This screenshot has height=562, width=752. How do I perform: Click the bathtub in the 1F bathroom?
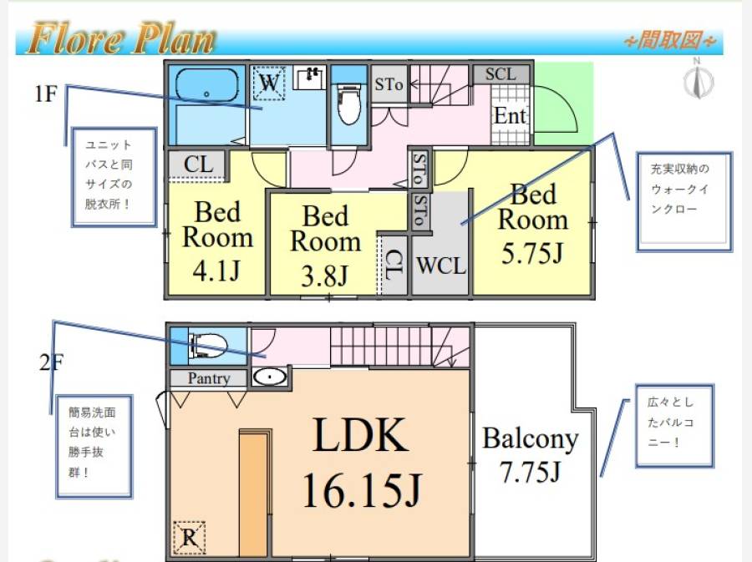pyautogui.click(x=206, y=85)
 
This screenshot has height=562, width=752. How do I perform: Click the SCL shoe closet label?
pyautogui.click(x=500, y=74)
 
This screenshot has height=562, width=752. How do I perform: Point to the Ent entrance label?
pyautogui.click(x=511, y=115)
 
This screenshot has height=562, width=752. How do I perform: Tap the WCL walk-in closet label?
pyautogui.click(x=440, y=266)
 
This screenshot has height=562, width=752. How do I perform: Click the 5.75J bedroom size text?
pyautogui.click(x=532, y=253)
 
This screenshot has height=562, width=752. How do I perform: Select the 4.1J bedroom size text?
pyautogui.click(x=216, y=271)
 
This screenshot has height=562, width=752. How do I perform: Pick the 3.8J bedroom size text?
pyautogui.click(x=325, y=276)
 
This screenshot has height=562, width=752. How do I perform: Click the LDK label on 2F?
pyautogui.click(x=360, y=434)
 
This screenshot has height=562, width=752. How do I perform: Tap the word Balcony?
pyautogui.click(x=530, y=439)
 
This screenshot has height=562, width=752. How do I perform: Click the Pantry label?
pyautogui.click(x=209, y=378)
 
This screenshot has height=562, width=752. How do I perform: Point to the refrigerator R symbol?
pyautogui.click(x=190, y=537)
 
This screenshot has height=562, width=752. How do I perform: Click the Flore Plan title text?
pyautogui.click(x=122, y=38)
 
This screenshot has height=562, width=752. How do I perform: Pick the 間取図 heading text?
pyautogui.click(x=669, y=40)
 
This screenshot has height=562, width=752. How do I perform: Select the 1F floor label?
pyautogui.click(x=46, y=94)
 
